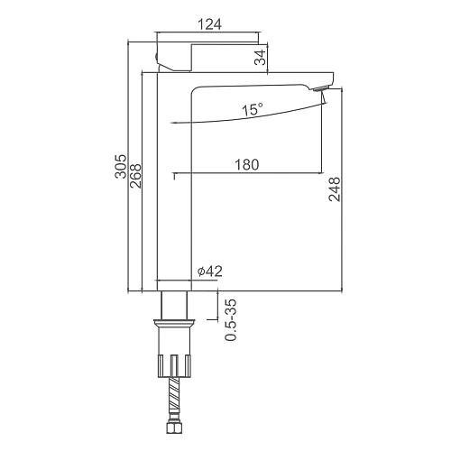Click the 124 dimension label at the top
click(x=209, y=24)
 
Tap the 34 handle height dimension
click(x=261, y=58)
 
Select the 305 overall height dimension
click(x=121, y=166)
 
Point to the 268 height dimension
click(x=135, y=176)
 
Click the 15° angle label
click(x=253, y=109)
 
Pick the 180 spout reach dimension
click(x=246, y=165)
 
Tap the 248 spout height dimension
click(x=335, y=189)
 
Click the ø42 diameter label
click(x=210, y=272)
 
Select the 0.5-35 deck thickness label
click(x=231, y=320)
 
